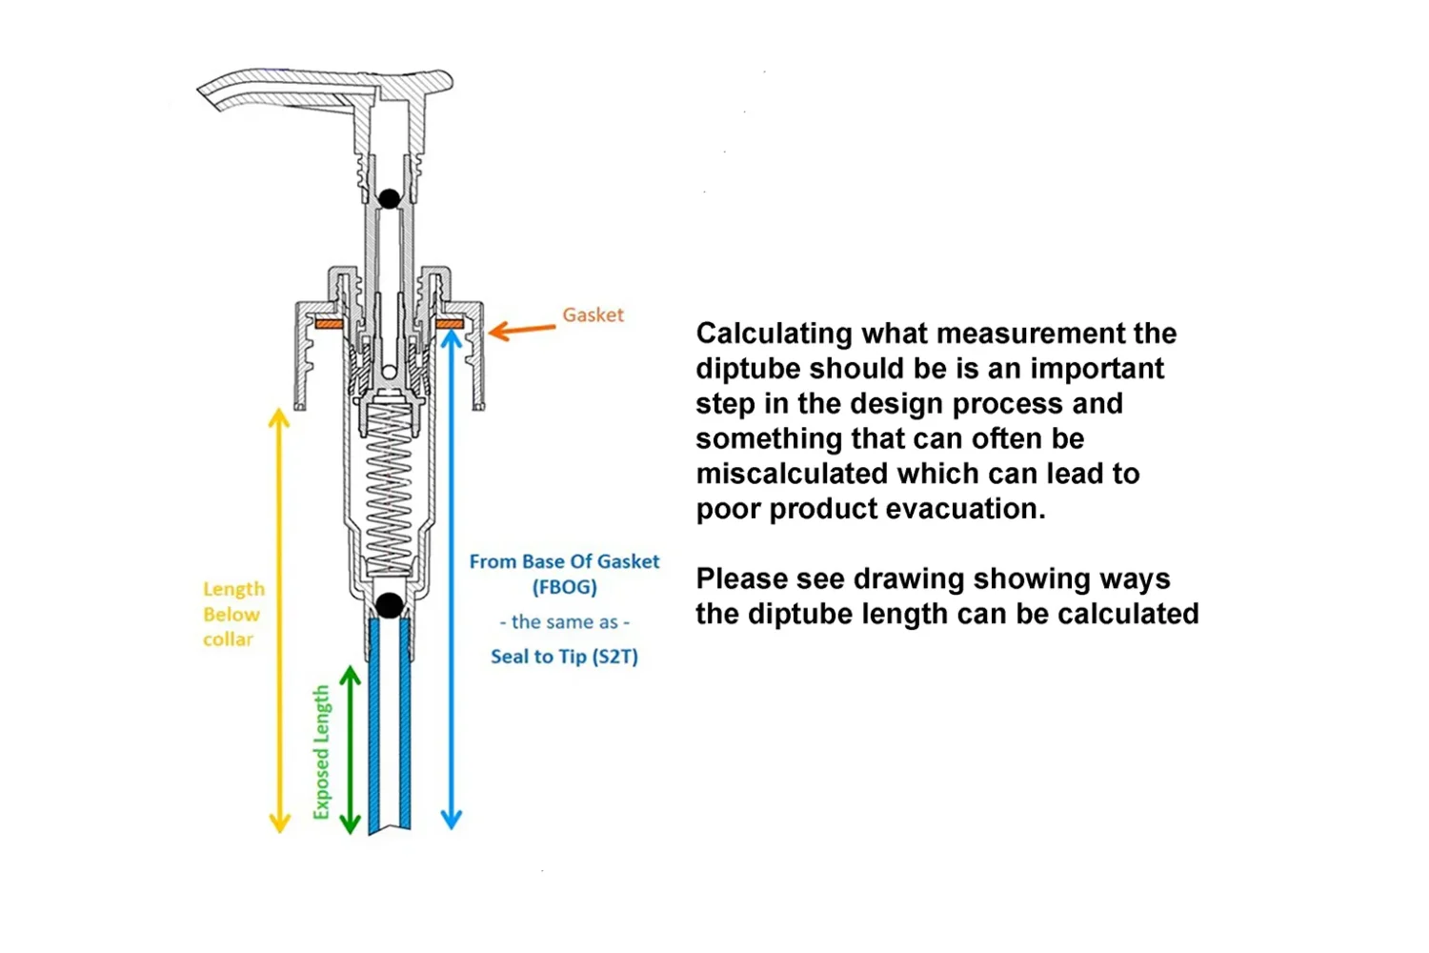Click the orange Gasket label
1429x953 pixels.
click(593, 314)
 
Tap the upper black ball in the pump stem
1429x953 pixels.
click(389, 198)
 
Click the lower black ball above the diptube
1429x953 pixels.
click(390, 604)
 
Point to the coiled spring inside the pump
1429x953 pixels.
click(390, 486)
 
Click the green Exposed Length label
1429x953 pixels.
click(322, 752)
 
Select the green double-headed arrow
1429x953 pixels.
click(351, 750)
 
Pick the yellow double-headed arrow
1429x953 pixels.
click(279, 620)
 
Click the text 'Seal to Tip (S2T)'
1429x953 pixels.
click(564, 657)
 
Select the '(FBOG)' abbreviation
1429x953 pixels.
click(564, 587)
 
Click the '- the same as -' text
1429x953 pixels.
click(564, 622)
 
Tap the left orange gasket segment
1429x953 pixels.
click(328, 324)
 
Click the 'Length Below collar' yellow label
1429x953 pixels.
click(232, 615)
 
